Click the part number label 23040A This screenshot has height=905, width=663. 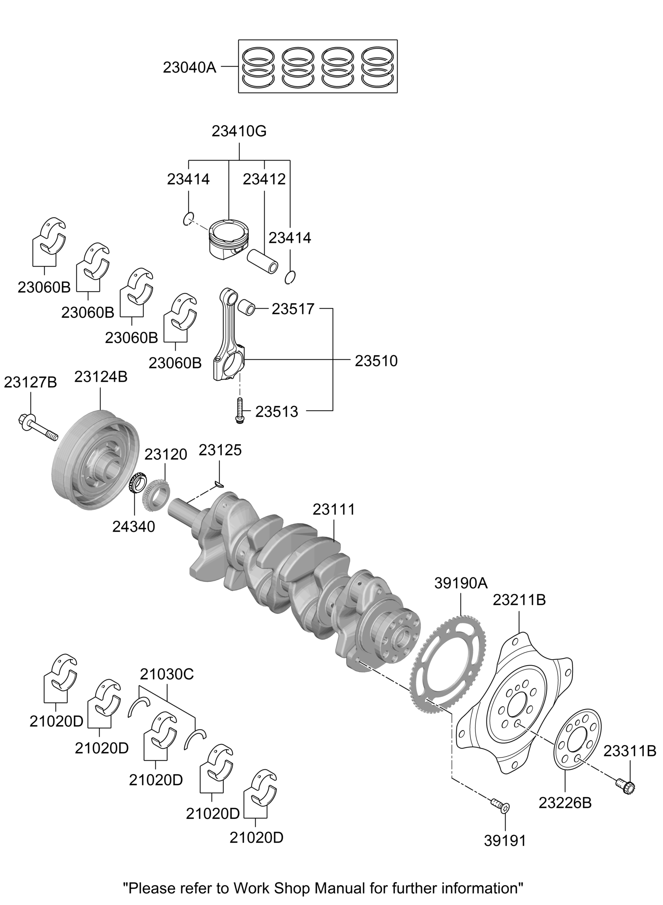[189, 68]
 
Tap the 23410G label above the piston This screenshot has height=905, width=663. [239, 131]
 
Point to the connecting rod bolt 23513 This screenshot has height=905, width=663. [239, 410]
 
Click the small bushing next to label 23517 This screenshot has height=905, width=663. [247, 308]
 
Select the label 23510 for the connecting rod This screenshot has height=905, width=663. [376, 361]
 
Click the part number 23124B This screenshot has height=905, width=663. [101, 376]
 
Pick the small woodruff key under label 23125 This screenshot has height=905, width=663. [219, 485]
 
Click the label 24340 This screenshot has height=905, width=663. [133, 527]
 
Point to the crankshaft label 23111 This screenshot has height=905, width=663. [334, 509]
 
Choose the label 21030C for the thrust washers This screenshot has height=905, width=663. [167, 674]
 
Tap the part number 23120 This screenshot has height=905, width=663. [166, 455]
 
